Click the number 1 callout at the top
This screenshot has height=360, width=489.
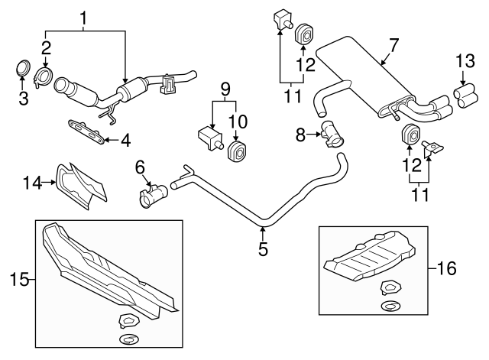(x=85, y=15)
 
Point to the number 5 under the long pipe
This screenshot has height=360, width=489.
(x=262, y=248)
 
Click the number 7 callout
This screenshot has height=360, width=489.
(x=392, y=46)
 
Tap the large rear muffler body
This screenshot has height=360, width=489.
(x=365, y=76)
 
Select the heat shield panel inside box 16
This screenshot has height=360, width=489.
(x=371, y=258)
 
